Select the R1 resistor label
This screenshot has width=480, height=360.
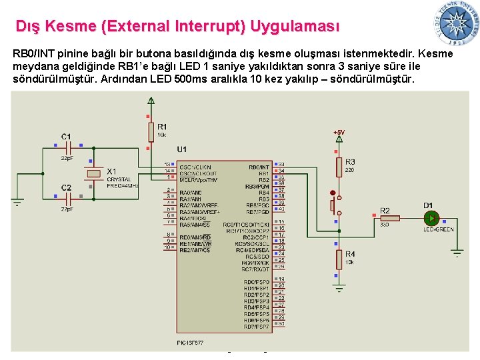[163, 127]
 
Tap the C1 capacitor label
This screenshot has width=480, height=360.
[66, 137]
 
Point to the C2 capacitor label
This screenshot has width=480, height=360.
[66, 187]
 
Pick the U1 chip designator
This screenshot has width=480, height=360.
[182, 149]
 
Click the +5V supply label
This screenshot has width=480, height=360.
[339, 133]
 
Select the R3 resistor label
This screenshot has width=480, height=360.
[350, 161]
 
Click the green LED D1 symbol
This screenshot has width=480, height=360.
[431, 217]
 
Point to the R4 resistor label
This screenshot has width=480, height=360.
[350, 254]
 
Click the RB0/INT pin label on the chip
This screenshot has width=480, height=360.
[259, 167]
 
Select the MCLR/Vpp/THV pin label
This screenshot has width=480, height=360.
[199, 179]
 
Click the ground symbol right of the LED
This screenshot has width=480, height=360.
[457, 252]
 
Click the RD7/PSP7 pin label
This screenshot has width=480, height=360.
[257, 327]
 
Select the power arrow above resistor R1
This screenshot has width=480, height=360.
[152, 102]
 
